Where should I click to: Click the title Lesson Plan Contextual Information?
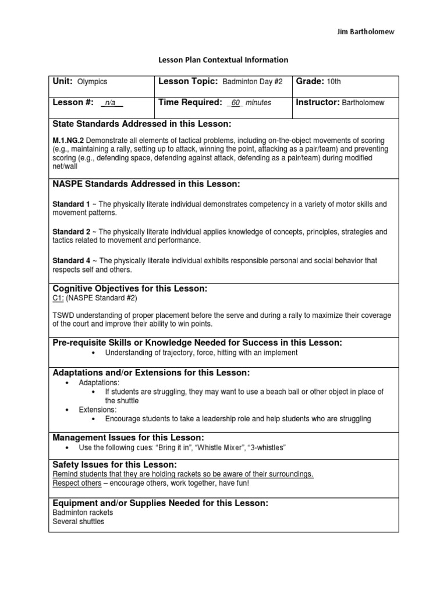coord(223,59)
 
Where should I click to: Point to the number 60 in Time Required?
coord(236,103)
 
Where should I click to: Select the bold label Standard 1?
coord(71,205)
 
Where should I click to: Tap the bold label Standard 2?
coord(71,232)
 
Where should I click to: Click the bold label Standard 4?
coord(71,261)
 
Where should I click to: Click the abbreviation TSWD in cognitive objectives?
coord(63,316)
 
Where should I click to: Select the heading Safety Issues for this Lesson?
coord(114,465)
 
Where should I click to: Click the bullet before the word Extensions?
coord(68,410)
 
